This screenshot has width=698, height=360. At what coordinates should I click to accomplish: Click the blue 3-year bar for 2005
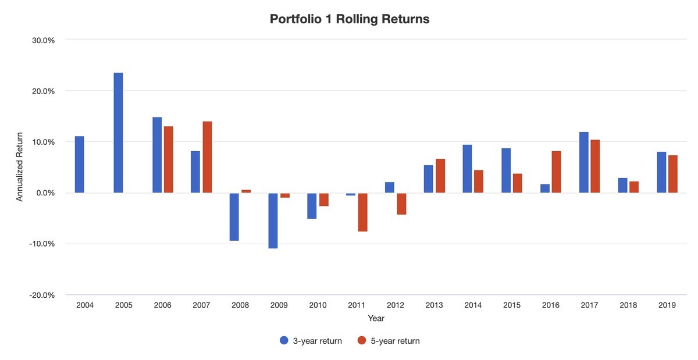point(118,133)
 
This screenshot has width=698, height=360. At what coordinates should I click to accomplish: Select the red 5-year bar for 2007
point(207,157)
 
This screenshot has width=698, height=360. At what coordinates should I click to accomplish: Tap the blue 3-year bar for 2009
point(273,220)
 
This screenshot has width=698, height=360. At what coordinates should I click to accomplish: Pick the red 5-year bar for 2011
point(362,212)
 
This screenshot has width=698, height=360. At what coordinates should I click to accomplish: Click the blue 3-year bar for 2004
point(79,165)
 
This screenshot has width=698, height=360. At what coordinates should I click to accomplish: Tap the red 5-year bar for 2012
point(401,204)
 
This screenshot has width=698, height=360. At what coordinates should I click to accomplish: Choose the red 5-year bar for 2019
point(673,174)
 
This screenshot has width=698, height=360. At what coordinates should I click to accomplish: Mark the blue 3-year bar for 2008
point(234,216)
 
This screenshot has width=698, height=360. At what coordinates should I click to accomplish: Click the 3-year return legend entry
point(311,341)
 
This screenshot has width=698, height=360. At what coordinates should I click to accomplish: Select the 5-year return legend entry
point(389,341)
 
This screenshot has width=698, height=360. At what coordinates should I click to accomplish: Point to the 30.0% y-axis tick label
point(43,40)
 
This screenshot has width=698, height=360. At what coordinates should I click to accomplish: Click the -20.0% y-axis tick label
point(42,295)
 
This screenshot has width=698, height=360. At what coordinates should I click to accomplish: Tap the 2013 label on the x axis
point(434,305)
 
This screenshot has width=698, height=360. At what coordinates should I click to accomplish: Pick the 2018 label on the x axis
point(628,305)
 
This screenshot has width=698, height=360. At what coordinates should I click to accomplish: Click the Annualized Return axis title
point(20,167)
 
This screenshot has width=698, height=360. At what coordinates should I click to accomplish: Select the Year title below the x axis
point(376,319)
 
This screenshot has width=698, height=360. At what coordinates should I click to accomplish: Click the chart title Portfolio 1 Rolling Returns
point(350,19)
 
